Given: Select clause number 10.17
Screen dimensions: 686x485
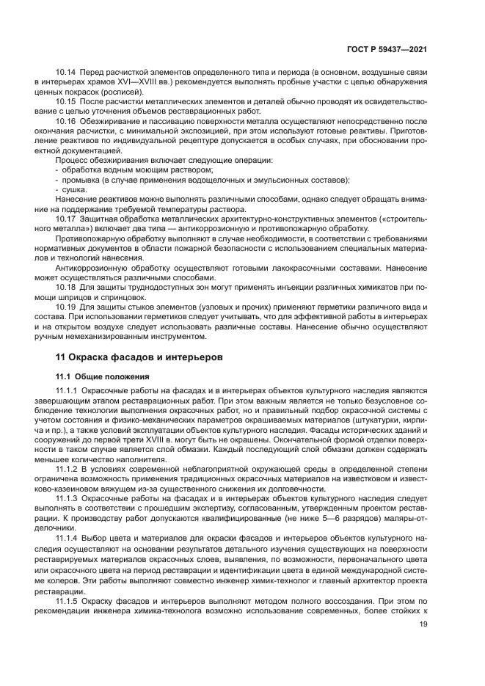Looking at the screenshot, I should tap(66, 219).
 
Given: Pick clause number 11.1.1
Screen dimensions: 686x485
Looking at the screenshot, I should tap(68, 390).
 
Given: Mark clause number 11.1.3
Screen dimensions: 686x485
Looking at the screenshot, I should tap(68, 496).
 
